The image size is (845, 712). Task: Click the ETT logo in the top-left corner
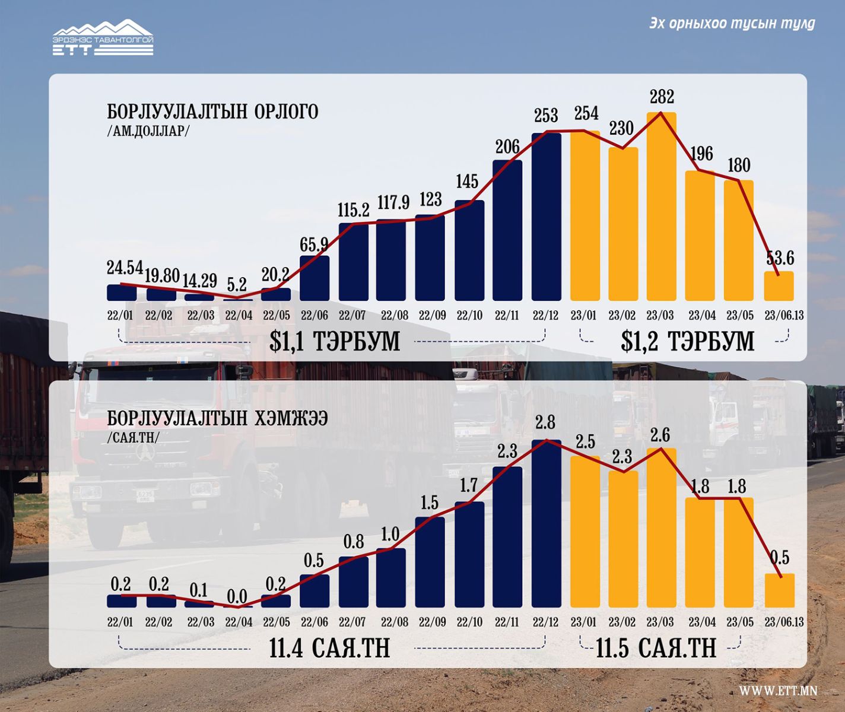(x=103, y=38)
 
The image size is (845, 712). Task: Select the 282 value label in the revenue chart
(x=662, y=97)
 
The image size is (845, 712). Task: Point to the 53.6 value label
(x=780, y=258)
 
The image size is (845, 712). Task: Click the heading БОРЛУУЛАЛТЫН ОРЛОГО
(x=212, y=112)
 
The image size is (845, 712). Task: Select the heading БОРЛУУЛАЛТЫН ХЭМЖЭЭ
(x=217, y=418)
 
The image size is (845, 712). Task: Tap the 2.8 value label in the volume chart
(x=545, y=422)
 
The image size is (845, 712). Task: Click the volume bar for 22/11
(x=507, y=537)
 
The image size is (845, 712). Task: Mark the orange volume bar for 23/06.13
(x=779, y=590)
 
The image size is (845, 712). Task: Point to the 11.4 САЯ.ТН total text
(x=329, y=648)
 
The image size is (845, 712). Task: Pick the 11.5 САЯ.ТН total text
(x=656, y=648)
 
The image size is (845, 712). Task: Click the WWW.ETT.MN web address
(x=777, y=691)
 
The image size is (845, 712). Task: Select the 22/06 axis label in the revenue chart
(x=314, y=315)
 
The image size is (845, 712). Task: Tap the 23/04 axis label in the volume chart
(x=702, y=622)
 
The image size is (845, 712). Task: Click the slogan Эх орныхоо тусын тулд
(x=732, y=23)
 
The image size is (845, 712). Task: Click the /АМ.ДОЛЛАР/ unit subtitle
(x=148, y=131)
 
